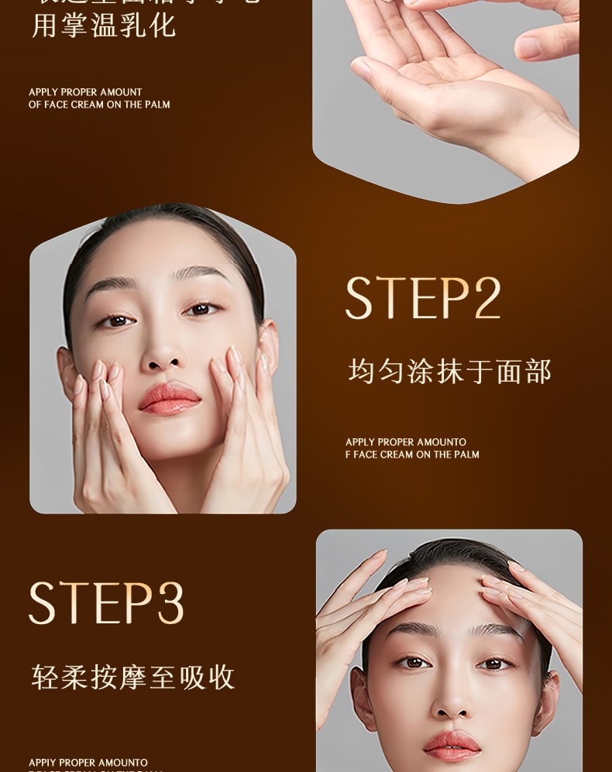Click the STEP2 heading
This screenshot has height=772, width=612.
pyautogui.click(x=423, y=298)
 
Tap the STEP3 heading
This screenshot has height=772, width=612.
pyautogui.click(x=106, y=603)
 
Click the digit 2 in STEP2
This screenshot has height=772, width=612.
pyautogui.click(x=487, y=298)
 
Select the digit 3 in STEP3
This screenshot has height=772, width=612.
pyautogui.click(x=170, y=603)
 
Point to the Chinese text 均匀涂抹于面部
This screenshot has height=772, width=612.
pyautogui.click(x=449, y=372)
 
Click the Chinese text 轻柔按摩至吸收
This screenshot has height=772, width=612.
pyautogui.click(x=133, y=677)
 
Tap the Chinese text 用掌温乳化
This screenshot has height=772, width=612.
pyautogui.click(x=104, y=26)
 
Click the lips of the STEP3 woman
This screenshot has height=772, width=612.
pyautogui.click(x=452, y=746)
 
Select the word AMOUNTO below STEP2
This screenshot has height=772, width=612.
pyautogui.click(x=441, y=442)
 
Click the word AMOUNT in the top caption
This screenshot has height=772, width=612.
pyautogui.click(x=122, y=92)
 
